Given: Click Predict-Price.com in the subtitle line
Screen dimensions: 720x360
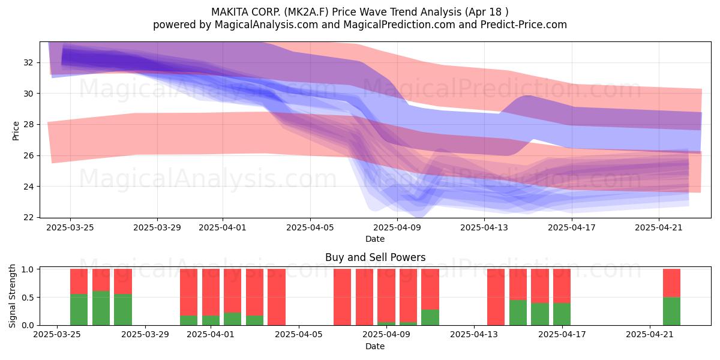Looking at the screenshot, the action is click(x=524, y=25).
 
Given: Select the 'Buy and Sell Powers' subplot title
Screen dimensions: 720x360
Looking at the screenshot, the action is click(x=375, y=257).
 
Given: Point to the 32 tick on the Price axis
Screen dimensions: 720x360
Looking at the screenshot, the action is click(x=28, y=62).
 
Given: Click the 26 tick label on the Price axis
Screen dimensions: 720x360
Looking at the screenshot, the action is click(x=28, y=155).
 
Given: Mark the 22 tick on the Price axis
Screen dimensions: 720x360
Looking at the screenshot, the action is click(x=28, y=218).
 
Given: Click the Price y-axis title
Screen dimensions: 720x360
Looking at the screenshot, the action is click(x=16, y=131).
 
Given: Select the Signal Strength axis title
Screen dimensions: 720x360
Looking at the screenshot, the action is click(x=12, y=296).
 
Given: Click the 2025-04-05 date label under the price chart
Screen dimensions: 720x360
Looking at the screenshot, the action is click(x=310, y=227).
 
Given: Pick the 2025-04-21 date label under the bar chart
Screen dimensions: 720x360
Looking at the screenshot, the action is click(x=650, y=335).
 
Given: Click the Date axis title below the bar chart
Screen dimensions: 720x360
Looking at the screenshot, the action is click(x=375, y=346).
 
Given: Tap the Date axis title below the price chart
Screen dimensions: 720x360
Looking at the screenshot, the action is click(x=375, y=239).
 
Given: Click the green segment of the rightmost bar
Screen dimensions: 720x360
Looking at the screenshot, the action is click(x=671, y=311).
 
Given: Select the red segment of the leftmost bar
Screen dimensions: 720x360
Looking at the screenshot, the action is click(x=79, y=281).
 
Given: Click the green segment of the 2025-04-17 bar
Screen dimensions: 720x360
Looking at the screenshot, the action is click(x=562, y=314).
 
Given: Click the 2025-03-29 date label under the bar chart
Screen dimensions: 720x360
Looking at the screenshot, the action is click(x=145, y=335).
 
